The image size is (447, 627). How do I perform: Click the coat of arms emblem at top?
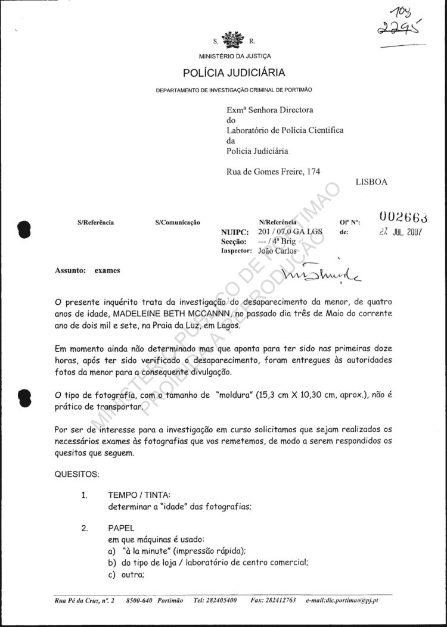point(232,41)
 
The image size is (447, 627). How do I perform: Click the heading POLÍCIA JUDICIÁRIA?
point(234,73)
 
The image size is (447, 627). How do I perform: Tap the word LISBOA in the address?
point(371,182)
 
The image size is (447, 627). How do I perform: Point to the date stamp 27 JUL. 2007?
point(401,232)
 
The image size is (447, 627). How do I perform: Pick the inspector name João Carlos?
point(278,251)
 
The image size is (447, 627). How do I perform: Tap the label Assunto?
point(66,270)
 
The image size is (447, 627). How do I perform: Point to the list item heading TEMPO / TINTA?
point(139,495)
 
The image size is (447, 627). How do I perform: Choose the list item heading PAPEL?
point(122,528)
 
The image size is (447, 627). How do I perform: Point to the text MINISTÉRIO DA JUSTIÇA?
point(235,56)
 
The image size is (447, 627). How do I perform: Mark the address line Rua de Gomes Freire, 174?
point(274,171)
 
